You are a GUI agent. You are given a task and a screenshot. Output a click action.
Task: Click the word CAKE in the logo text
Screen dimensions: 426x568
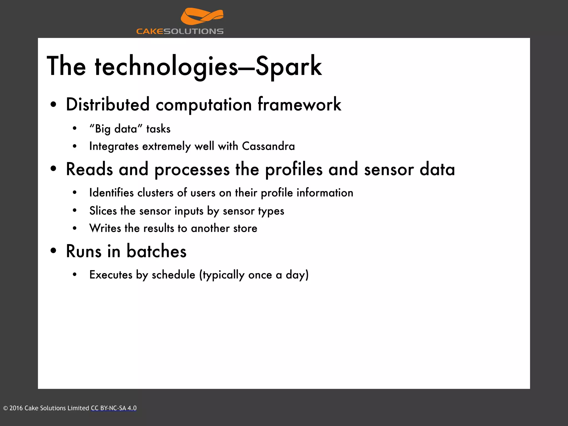(x=150, y=31)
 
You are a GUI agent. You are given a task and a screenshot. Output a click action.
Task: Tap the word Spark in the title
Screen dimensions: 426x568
(x=288, y=66)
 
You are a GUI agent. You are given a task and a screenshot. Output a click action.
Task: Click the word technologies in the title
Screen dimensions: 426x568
(x=166, y=66)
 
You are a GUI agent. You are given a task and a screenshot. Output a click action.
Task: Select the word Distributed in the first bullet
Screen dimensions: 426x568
(x=108, y=105)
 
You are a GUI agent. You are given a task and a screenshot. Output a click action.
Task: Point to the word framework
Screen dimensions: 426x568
(x=299, y=105)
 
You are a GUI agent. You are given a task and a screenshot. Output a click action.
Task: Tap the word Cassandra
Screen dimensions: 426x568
(x=268, y=146)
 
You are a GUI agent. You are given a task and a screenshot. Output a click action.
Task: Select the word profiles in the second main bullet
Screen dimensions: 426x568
(x=294, y=169)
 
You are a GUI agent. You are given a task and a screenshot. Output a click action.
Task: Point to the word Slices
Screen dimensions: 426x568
(x=103, y=211)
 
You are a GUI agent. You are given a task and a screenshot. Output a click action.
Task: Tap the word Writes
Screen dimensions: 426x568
(x=105, y=228)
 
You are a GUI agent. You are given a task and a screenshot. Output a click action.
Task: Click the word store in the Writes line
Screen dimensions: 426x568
(x=245, y=229)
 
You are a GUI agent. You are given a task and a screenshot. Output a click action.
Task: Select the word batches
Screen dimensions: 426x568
(x=156, y=251)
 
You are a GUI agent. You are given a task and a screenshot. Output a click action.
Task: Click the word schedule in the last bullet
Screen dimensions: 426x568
(x=173, y=275)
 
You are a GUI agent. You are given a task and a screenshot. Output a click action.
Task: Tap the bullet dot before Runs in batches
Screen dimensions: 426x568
(x=54, y=251)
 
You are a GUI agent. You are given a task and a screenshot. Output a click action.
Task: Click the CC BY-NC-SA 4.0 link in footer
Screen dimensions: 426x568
(x=114, y=408)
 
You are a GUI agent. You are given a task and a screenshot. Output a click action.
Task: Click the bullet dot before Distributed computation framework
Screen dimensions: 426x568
(x=54, y=105)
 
